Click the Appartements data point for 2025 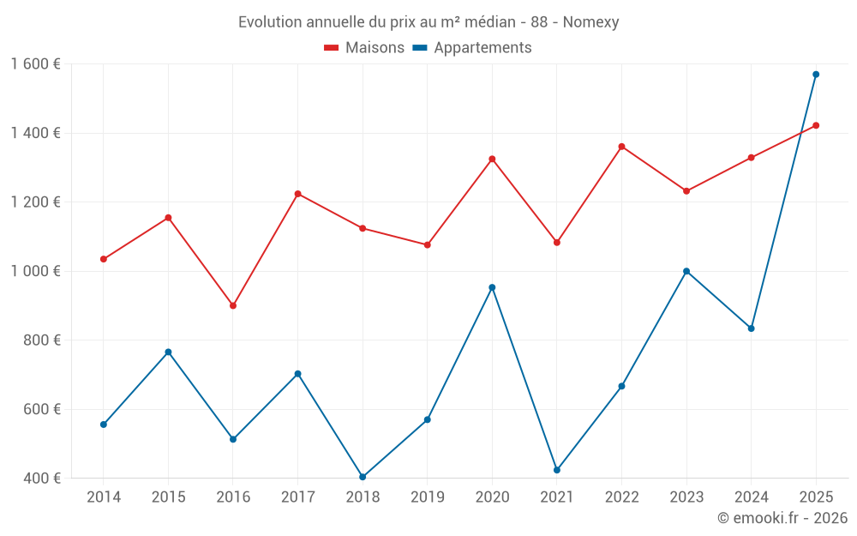(x=816, y=75)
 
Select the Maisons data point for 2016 (x=233, y=305)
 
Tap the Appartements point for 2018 (x=363, y=477)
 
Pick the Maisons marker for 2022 (x=621, y=147)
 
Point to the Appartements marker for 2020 (x=492, y=287)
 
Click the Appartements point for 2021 (x=557, y=470)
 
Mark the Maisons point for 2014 (x=104, y=259)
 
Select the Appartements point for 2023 (x=686, y=271)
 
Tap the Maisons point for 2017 (x=297, y=194)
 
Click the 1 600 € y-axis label (x=36, y=64)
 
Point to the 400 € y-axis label (x=43, y=478)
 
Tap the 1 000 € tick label (x=36, y=271)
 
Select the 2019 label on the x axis (x=427, y=497)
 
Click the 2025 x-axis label (x=816, y=497)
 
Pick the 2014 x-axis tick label (x=104, y=497)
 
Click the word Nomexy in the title (x=590, y=22)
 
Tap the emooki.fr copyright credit (x=782, y=518)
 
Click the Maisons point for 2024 (x=751, y=158)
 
